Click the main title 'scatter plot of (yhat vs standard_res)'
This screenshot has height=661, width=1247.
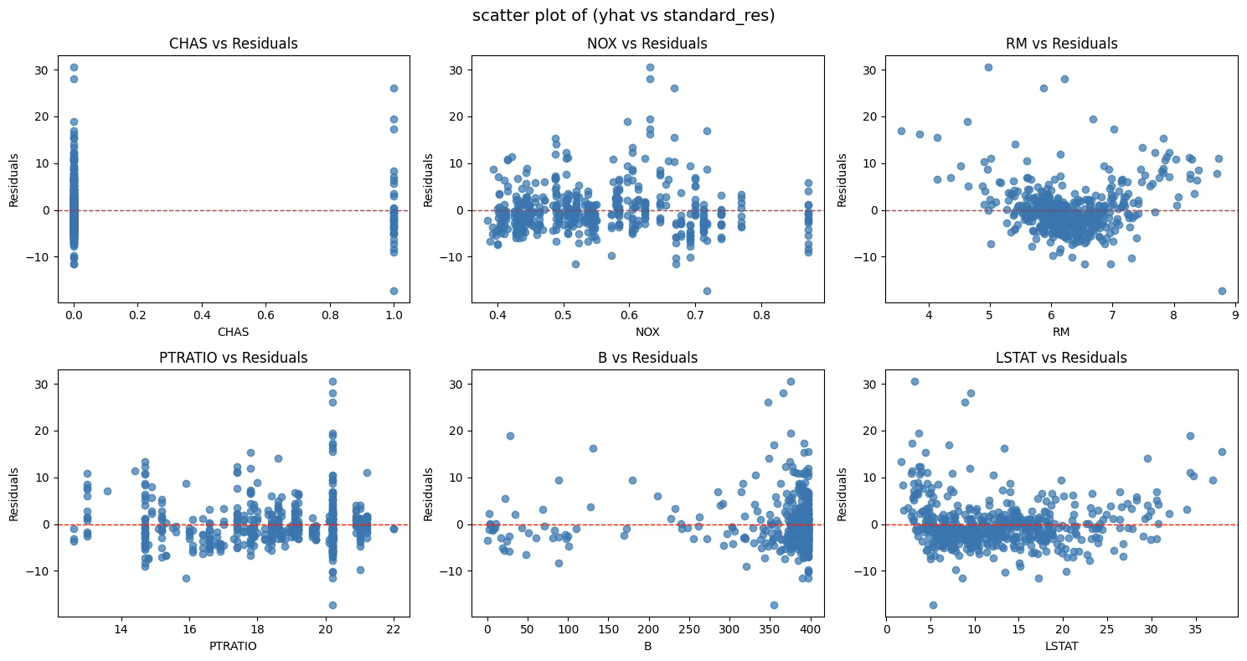623,15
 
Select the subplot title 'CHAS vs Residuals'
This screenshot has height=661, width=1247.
234,44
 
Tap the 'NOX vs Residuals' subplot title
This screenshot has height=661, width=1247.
647,44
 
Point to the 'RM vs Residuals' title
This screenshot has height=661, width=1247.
1061,44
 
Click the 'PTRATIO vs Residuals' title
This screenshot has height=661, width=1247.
234,358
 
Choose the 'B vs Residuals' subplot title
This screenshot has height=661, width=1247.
647,358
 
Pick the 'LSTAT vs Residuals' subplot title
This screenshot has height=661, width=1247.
1061,358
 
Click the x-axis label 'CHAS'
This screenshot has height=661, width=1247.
234,332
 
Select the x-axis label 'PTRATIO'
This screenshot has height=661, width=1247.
234,646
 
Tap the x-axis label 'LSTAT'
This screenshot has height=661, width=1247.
1061,646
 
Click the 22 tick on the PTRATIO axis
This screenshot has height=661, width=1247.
394,630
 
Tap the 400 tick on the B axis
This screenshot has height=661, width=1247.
810,630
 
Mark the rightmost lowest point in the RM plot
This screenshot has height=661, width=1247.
1222,291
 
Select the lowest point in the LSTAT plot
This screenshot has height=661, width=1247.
933,605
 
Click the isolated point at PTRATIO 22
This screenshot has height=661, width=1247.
394,529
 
